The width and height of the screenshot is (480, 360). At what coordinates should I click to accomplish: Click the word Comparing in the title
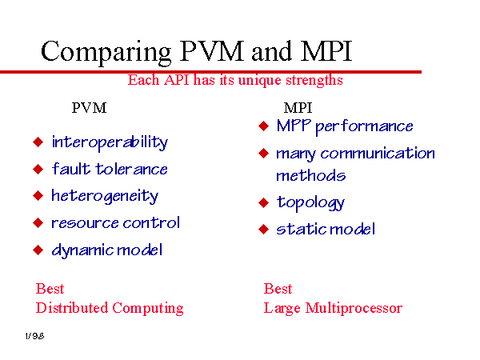coord(106,53)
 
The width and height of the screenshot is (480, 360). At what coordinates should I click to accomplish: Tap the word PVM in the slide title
coord(212,51)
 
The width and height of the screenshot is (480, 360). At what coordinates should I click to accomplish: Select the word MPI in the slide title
coord(326,51)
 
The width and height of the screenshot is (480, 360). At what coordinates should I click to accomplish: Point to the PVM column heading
coord(89,108)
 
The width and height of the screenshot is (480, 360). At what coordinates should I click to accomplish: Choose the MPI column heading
coord(298,108)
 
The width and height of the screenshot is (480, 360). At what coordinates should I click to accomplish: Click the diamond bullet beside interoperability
coord(38,142)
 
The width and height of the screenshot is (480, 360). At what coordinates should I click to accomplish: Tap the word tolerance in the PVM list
coord(132,169)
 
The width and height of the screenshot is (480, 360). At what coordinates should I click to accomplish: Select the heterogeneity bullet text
coord(105,196)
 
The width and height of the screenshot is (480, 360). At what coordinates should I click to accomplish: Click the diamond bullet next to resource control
coord(38,223)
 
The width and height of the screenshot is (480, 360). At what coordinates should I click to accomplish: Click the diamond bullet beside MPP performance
coord(263,126)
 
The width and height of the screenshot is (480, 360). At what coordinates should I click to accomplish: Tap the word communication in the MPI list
coord(378,153)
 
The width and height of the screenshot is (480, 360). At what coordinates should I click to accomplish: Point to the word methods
coord(311,175)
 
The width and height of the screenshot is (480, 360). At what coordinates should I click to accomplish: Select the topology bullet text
coord(310,203)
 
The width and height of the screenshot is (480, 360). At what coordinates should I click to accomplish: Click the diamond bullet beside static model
coord(263,229)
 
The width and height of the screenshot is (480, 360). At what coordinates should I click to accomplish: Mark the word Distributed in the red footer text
coord(72,308)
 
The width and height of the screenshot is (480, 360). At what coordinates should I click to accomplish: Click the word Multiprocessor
coord(354,309)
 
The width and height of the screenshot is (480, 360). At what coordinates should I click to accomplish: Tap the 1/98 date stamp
coord(34,336)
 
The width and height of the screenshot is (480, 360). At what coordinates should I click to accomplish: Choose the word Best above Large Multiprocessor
coord(278,289)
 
